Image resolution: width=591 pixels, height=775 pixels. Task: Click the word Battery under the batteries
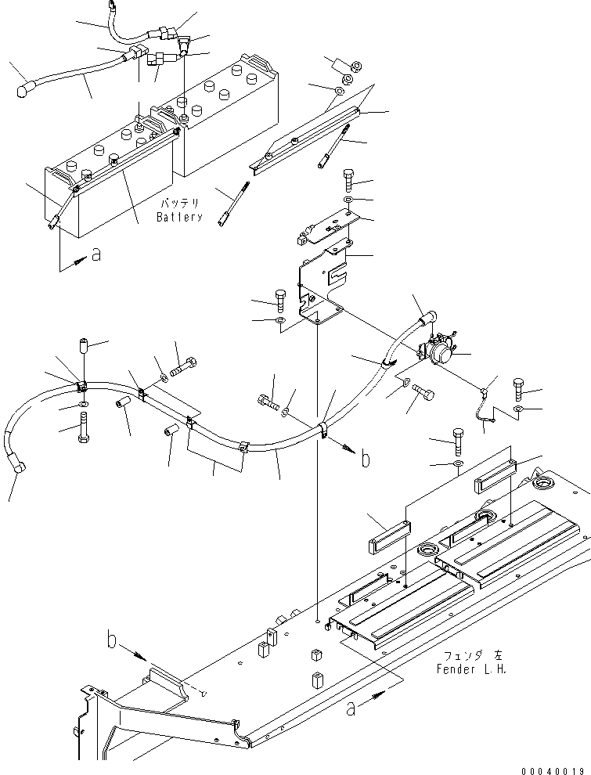coord(178,217)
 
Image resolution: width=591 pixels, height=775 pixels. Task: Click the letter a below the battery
coord(95,256)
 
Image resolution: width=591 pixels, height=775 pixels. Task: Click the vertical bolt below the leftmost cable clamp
coord(82,427)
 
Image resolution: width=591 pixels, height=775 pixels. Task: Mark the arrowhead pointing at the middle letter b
coord(344,449)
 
